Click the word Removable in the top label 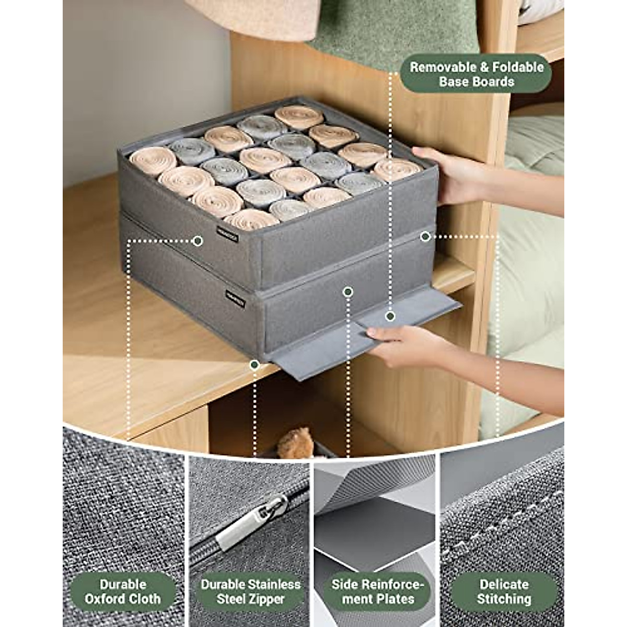[443, 67]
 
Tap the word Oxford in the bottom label [108, 599]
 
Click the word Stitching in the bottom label [504, 599]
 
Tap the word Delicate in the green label [504, 584]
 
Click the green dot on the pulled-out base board [390, 316]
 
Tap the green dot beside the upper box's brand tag [198, 241]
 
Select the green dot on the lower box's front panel [348, 292]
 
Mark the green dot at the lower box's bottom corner [254, 364]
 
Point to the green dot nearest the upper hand [425, 237]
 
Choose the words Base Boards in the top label [476, 82]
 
